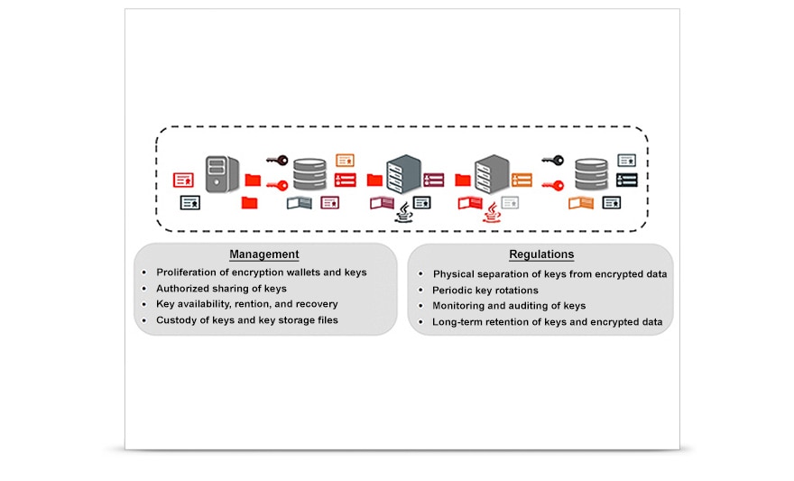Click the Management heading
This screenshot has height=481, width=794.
263,254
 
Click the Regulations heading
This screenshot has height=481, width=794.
540,254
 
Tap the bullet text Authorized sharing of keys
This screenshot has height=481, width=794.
221,289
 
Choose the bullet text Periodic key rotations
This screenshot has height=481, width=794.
485,290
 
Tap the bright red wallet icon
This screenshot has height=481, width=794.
469,203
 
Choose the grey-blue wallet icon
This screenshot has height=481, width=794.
299,203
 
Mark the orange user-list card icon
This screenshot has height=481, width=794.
522,180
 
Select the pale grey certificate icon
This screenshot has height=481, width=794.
511,202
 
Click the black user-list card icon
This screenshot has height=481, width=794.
626,180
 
